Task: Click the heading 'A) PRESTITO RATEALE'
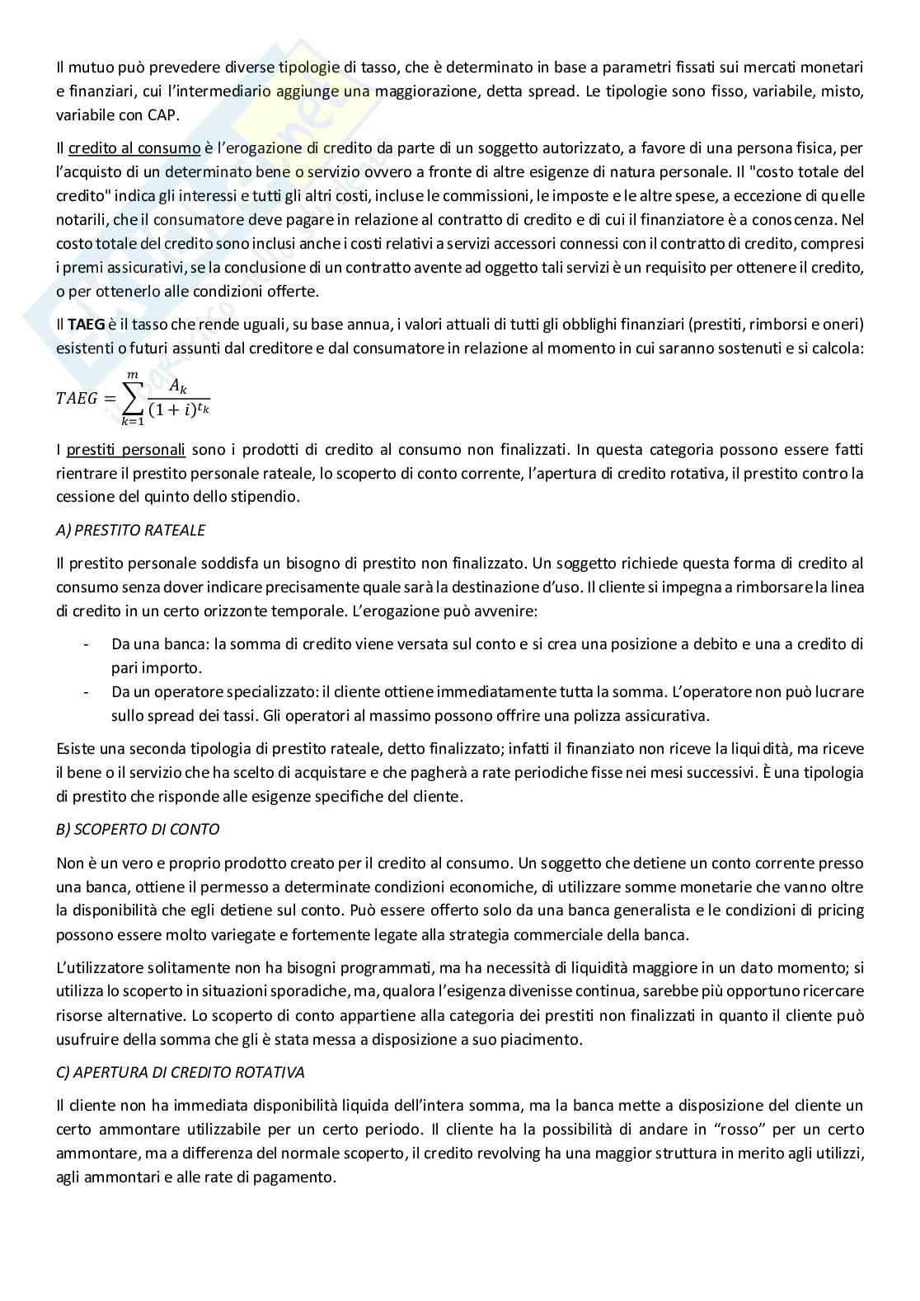(x=131, y=530)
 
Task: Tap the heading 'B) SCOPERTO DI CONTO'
(x=138, y=829)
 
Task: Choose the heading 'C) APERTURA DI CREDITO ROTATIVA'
(x=181, y=1072)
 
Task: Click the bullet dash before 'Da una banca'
(x=87, y=643)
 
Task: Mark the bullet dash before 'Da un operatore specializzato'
(x=87, y=691)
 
